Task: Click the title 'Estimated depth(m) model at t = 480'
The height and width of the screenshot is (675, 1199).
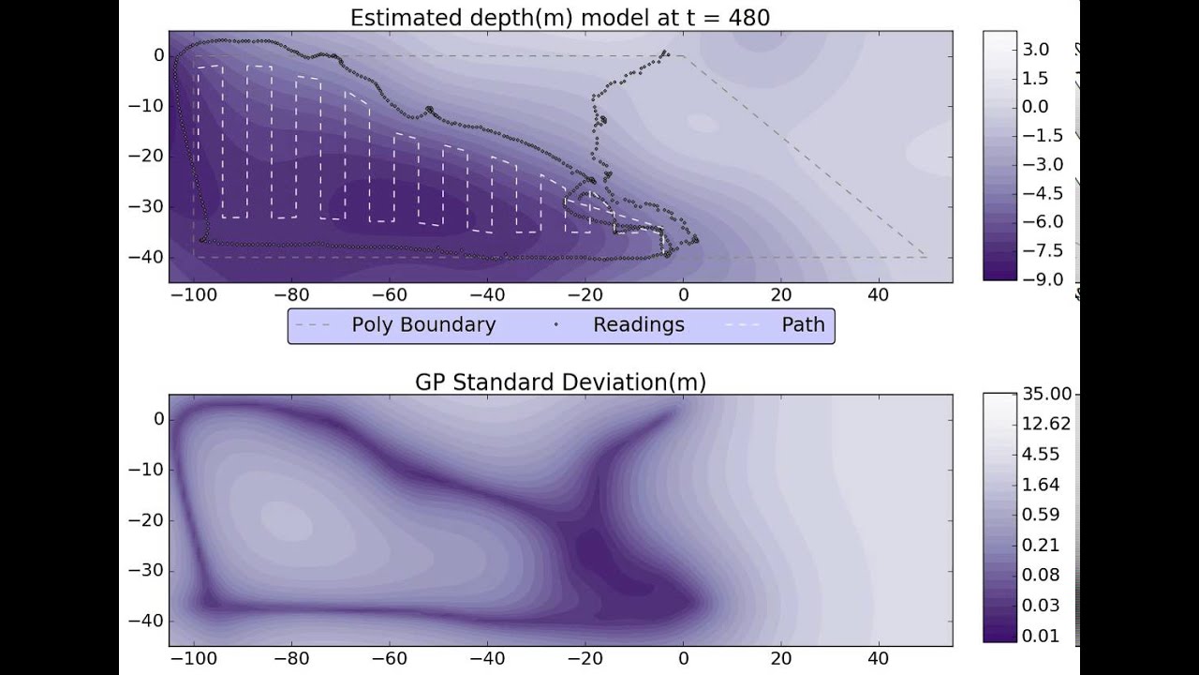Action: point(559,17)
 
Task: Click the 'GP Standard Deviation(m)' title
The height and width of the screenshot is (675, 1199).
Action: point(560,382)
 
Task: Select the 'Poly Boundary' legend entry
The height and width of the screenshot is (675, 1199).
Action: point(423,325)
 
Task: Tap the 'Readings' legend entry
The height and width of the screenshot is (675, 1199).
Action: point(638,325)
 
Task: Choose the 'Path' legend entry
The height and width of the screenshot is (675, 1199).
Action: point(803,325)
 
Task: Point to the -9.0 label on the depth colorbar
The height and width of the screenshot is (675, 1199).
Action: point(1043,279)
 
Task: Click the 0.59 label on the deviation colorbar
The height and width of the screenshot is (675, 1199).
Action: point(1042,515)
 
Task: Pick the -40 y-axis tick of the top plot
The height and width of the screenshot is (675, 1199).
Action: point(145,257)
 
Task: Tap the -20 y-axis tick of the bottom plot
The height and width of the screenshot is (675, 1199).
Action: point(145,520)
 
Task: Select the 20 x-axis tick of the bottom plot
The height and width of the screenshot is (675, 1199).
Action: point(780,659)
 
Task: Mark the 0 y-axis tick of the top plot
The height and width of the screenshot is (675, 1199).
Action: point(158,55)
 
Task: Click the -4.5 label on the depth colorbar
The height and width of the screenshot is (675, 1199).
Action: point(1043,193)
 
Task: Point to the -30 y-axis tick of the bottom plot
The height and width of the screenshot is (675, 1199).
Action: point(145,571)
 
